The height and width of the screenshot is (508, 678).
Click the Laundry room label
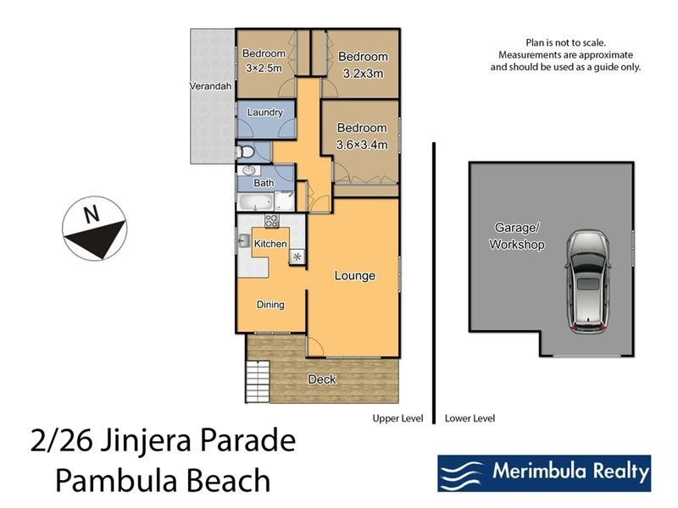point(264,113)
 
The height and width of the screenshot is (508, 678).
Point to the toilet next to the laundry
point(244,152)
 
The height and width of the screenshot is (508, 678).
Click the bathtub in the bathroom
point(254,202)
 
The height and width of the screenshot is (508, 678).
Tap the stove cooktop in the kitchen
point(272,221)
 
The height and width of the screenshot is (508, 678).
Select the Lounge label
point(354,276)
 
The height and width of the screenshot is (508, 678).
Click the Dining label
point(270,305)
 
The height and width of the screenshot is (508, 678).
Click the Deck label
point(322,379)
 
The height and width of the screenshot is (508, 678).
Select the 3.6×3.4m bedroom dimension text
point(362,145)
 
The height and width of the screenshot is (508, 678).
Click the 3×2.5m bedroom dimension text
point(264,67)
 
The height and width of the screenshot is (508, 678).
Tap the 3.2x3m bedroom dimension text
point(363,73)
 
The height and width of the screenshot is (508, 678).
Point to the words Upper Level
point(398,418)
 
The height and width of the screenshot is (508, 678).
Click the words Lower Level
point(470,418)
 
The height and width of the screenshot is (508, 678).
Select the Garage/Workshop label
point(516,236)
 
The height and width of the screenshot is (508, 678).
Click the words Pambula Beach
point(163,480)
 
